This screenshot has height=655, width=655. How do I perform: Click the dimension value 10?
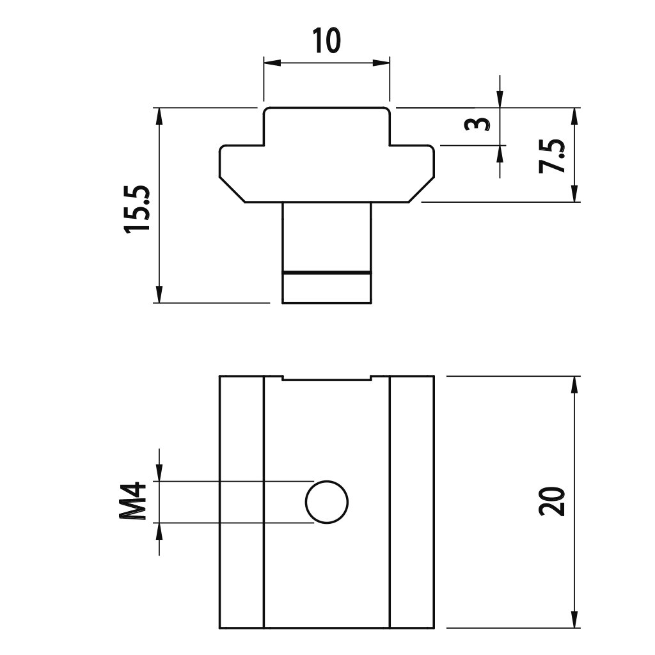[x=326, y=42]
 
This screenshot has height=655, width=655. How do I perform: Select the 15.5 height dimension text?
[x=138, y=209]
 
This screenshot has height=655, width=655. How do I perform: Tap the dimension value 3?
[x=477, y=123]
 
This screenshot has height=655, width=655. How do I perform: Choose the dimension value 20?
[x=552, y=501]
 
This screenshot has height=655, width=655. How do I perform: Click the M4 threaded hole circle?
[x=327, y=502]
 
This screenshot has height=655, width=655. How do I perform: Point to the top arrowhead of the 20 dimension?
[x=574, y=384]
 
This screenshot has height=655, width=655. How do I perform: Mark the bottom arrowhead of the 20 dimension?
[x=574, y=620]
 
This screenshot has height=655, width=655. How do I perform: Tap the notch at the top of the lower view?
[x=327, y=378]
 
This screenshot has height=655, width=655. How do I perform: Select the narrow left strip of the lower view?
[x=242, y=501]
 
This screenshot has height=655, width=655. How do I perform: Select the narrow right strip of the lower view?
[x=412, y=501]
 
